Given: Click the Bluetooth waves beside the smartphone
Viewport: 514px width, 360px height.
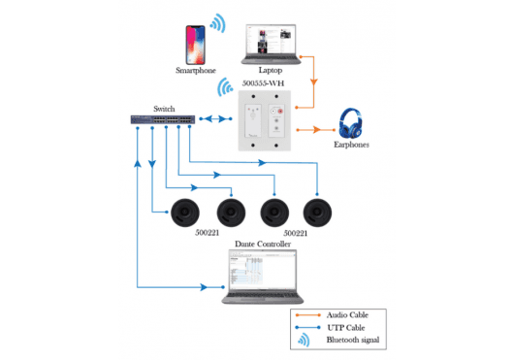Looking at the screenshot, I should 219,23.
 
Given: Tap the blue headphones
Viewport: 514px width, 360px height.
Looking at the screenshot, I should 350,124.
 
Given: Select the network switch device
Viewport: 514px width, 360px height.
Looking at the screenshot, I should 162,120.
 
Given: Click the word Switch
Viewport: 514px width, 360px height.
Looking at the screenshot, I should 164,109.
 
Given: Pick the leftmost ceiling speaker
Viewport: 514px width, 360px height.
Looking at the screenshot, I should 184,211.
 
